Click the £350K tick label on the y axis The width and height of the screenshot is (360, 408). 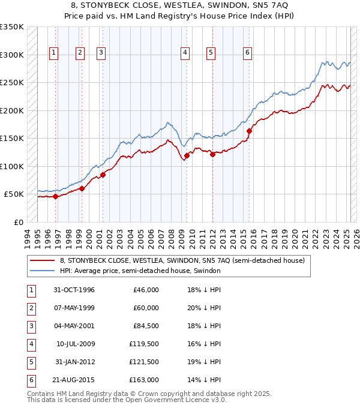pyautogui.click(x=12, y=27)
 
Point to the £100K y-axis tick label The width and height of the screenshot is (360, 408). pyautogui.click(x=12, y=166)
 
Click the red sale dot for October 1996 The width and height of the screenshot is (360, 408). pyautogui.click(x=55, y=196)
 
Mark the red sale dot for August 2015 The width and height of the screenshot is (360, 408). pyautogui.click(x=249, y=131)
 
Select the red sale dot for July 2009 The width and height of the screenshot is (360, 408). pyautogui.click(x=187, y=155)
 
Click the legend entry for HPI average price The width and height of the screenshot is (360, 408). pyautogui.click(x=140, y=271)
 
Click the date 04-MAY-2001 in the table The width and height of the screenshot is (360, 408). pyautogui.click(x=74, y=326)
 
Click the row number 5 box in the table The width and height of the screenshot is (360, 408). pyautogui.click(x=31, y=362)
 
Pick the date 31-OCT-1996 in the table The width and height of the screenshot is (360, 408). pyautogui.click(x=74, y=290)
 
